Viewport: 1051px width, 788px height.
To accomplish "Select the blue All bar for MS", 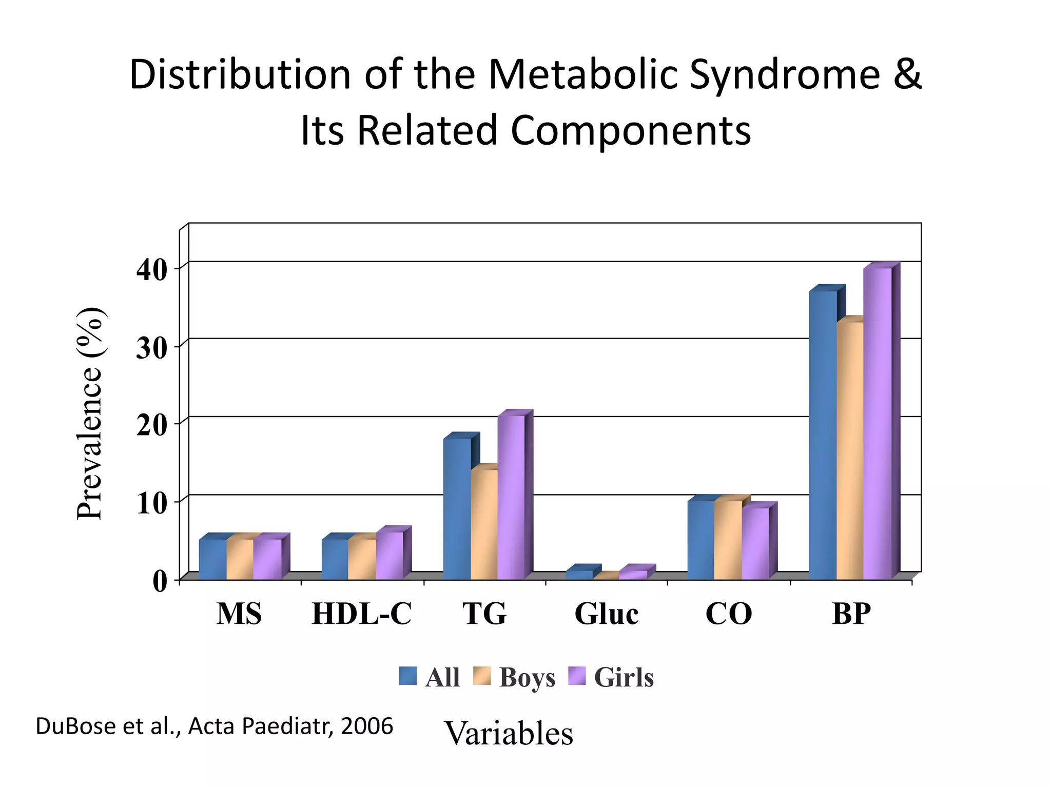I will coord(213,559).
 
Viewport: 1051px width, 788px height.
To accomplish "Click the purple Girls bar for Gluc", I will coord(633,575).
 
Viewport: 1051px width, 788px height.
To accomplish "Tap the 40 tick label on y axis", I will coord(152,270).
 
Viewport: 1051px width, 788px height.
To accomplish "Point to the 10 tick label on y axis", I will coord(152,503).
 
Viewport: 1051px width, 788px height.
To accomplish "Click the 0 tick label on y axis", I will coord(160,582).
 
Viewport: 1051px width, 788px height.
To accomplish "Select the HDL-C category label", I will coord(361,614).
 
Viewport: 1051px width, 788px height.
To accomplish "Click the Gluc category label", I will coord(606,614).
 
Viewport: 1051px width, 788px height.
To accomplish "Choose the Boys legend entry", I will coord(527,677).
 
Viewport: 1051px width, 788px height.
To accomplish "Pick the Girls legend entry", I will coord(624,677).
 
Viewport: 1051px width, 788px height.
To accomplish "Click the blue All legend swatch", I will coord(408,676).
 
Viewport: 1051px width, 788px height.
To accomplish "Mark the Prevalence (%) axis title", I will coord(90,413).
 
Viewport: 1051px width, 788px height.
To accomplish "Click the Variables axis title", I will coord(508,733).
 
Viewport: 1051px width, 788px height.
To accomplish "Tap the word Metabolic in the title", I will coord(582,74).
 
